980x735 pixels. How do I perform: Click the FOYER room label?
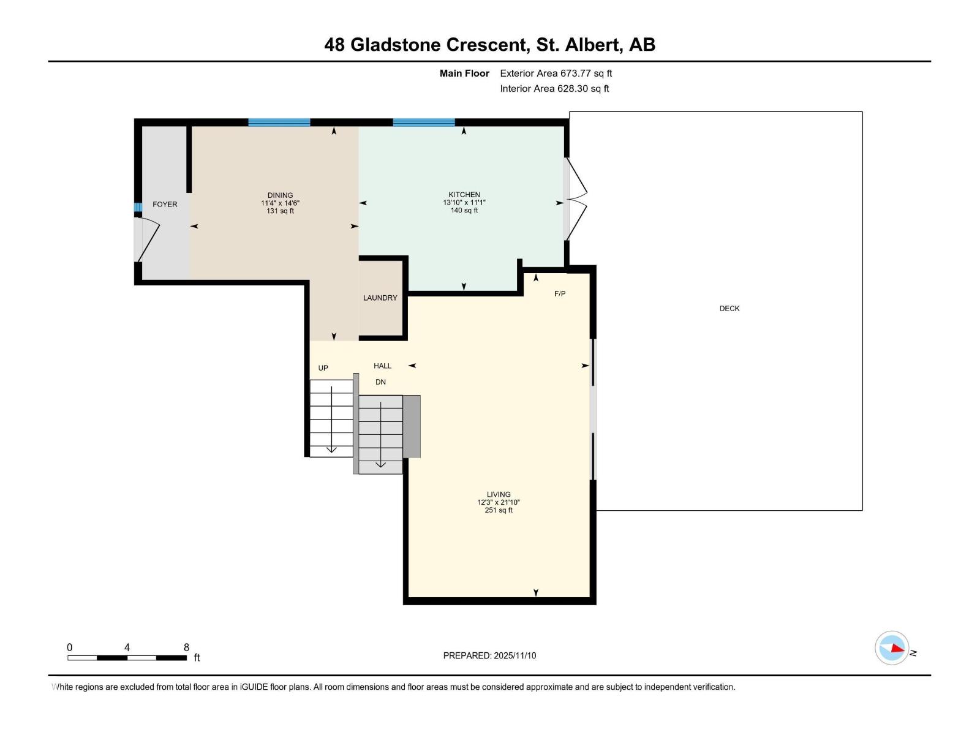point(165,204)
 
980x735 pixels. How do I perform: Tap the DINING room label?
point(280,195)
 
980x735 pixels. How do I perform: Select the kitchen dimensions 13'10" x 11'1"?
point(464,203)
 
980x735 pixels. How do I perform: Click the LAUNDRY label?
point(380,298)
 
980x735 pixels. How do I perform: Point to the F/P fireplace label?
point(560,294)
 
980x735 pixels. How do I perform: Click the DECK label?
point(729,309)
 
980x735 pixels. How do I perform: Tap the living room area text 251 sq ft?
point(499,510)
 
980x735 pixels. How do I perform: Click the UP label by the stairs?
point(323,368)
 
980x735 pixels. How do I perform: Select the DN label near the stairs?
point(380,382)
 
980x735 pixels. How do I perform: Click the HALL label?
point(382,366)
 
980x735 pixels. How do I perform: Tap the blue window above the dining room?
point(279,123)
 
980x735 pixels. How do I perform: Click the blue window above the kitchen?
point(424,123)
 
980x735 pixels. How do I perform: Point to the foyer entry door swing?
point(147,239)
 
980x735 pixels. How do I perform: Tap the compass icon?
point(892,648)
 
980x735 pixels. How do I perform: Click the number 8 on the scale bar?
point(186,647)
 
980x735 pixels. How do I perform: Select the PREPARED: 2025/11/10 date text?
point(489,655)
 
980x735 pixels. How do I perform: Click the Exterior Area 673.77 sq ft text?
point(556,73)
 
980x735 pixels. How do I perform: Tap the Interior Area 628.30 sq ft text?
point(554,89)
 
